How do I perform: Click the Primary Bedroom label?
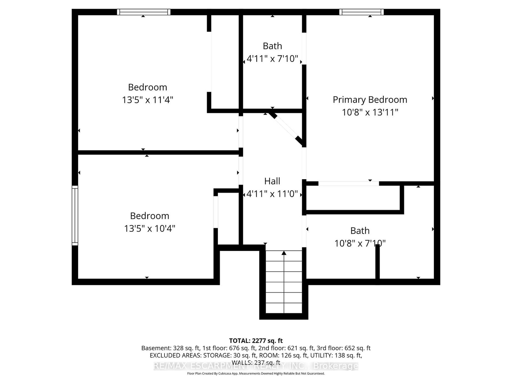(x=370, y=100)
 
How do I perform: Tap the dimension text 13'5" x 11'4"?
(x=148, y=100)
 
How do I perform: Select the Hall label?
(x=272, y=181)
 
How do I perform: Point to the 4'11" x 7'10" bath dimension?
(x=272, y=59)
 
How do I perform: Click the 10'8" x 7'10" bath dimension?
(x=360, y=244)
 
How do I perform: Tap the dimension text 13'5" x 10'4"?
(x=149, y=228)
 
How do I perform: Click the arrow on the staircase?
(x=284, y=253)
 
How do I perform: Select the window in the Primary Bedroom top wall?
(x=361, y=12)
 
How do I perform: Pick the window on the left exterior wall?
(x=75, y=216)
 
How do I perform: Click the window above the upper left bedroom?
(x=143, y=12)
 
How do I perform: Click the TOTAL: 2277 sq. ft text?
(x=256, y=341)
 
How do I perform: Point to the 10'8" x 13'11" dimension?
(x=370, y=112)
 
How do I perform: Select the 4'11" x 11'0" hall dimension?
(x=272, y=194)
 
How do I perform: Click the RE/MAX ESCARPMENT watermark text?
(x=256, y=366)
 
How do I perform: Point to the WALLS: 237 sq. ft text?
(x=256, y=363)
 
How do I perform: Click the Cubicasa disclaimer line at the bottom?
(x=256, y=373)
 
